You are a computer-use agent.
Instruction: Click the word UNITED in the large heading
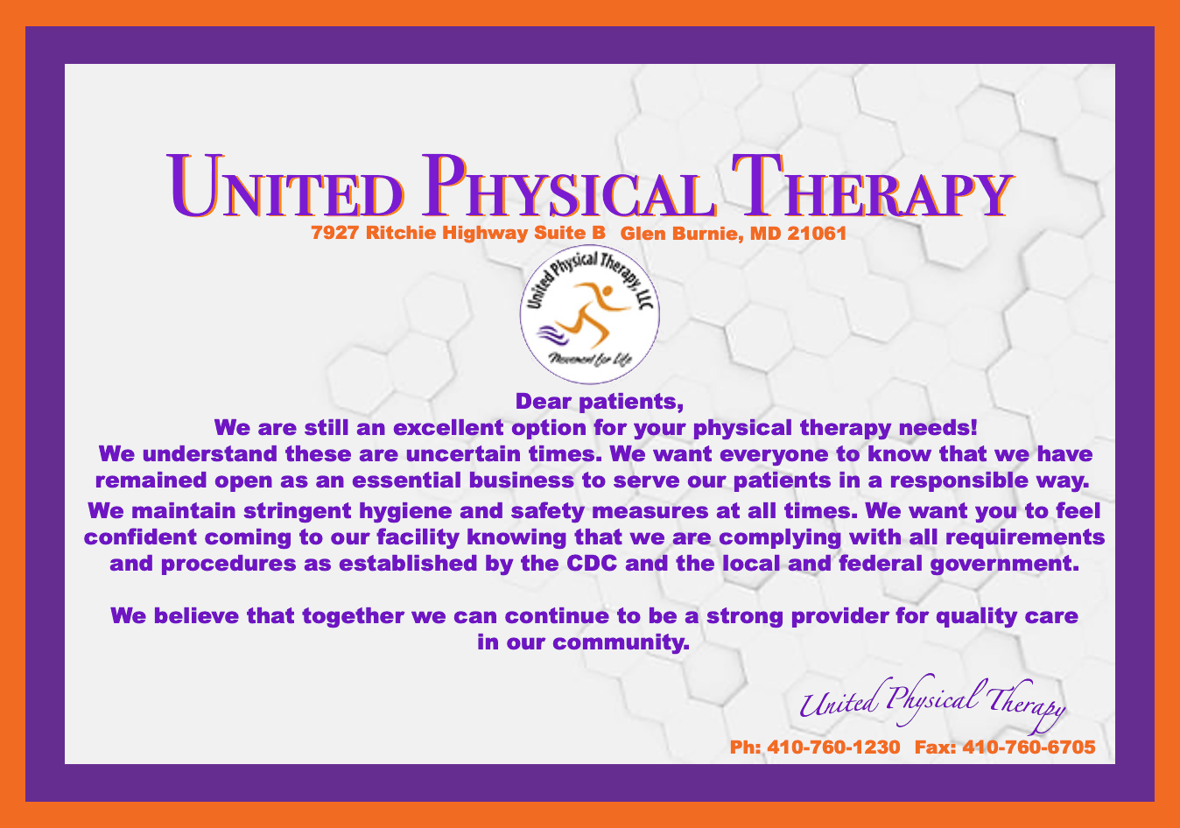[285, 186]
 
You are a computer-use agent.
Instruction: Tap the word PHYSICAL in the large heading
[569, 186]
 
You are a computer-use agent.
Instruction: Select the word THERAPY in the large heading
[873, 186]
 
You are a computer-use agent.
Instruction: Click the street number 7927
[334, 232]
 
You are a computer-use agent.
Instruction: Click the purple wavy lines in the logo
[552, 334]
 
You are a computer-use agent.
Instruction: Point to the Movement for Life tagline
[590, 360]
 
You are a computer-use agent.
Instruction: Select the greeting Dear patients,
[600, 402]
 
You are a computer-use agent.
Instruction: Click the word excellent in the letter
[448, 427]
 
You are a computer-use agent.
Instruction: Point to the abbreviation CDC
[592, 563]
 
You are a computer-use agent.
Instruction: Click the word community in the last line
[622, 642]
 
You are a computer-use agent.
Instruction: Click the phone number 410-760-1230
[833, 747]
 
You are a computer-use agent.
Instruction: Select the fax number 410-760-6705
[1029, 747]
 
